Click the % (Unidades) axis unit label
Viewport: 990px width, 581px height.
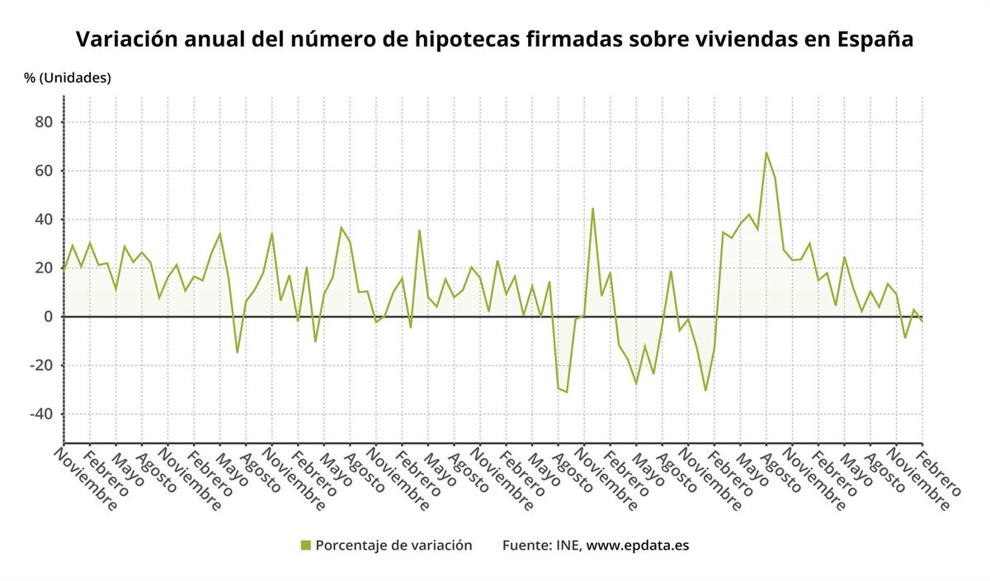(68, 78)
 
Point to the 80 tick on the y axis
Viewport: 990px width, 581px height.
(42, 122)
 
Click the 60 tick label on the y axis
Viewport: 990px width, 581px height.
(42, 171)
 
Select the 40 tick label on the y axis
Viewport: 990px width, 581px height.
(42, 220)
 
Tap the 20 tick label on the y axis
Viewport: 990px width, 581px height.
(42, 268)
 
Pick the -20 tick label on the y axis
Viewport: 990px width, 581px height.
(40, 366)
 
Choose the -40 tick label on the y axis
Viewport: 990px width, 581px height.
(40, 414)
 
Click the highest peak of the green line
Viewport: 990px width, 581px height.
(766, 153)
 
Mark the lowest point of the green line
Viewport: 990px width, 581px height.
(567, 392)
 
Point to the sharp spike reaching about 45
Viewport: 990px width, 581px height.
(592, 208)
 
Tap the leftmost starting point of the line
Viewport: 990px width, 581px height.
(64, 269)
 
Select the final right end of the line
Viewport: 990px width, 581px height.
(922, 320)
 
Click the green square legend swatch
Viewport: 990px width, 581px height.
(306, 545)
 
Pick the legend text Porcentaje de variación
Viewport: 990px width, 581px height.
(394, 545)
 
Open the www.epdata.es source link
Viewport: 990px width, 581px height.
(637, 545)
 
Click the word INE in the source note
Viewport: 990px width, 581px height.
(569, 545)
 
